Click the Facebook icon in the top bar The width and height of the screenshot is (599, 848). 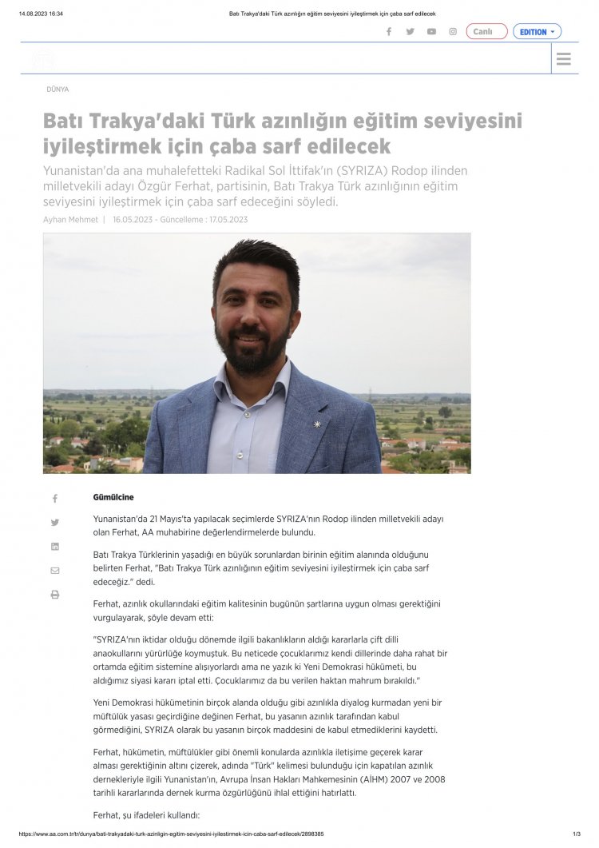[389, 32]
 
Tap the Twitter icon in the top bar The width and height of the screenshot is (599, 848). [411, 32]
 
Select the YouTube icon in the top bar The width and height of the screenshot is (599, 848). [431, 32]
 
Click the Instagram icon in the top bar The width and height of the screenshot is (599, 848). [453, 32]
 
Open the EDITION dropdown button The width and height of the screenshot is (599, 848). [537, 32]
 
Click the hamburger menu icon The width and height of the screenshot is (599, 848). [564, 59]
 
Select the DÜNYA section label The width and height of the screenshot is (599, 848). [58, 90]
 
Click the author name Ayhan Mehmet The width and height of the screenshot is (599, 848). [70, 220]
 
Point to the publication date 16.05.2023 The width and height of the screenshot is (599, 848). [133, 220]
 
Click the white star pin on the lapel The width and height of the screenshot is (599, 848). [317, 424]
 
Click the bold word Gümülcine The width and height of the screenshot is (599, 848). [113, 497]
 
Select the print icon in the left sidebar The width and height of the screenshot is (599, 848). [55, 595]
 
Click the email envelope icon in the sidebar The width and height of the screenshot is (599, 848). [55, 571]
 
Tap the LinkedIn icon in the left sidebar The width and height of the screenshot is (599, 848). [55, 547]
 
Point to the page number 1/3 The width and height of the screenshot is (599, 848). [576, 834]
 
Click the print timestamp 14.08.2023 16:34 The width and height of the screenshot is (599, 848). [41, 14]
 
